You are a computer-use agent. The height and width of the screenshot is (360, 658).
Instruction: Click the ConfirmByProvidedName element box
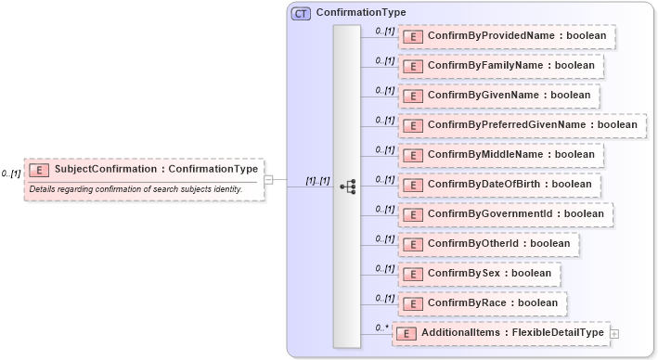(507, 36)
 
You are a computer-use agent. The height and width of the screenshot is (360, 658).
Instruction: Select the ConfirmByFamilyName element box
(501, 66)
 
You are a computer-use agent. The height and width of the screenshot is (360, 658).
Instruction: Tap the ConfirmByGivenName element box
(498, 96)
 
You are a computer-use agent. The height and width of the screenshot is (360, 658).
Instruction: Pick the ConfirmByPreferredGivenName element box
(522, 125)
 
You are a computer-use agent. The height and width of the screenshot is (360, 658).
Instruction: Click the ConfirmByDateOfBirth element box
(499, 185)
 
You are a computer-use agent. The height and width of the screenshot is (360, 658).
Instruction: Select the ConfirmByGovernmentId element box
(505, 214)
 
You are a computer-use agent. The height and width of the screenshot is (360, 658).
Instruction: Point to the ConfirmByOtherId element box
(489, 244)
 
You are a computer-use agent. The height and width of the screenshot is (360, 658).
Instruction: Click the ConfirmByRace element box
(483, 303)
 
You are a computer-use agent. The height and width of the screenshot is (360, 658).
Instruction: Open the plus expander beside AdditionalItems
(614, 333)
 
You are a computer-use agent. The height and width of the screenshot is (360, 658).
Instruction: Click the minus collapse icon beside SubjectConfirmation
(268, 180)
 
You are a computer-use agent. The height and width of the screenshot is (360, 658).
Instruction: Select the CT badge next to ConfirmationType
(301, 13)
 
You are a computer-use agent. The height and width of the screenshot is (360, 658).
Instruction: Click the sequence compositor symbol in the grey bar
(347, 186)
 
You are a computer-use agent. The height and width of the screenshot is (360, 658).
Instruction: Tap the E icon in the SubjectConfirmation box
(40, 170)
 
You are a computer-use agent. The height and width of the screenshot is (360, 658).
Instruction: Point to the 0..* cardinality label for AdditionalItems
(379, 328)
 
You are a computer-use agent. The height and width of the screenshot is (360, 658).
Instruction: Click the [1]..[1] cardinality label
(317, 181)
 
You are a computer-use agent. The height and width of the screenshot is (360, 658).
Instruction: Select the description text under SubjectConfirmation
(135, 189)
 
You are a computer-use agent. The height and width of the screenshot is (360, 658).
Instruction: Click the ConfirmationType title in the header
(360, 13)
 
